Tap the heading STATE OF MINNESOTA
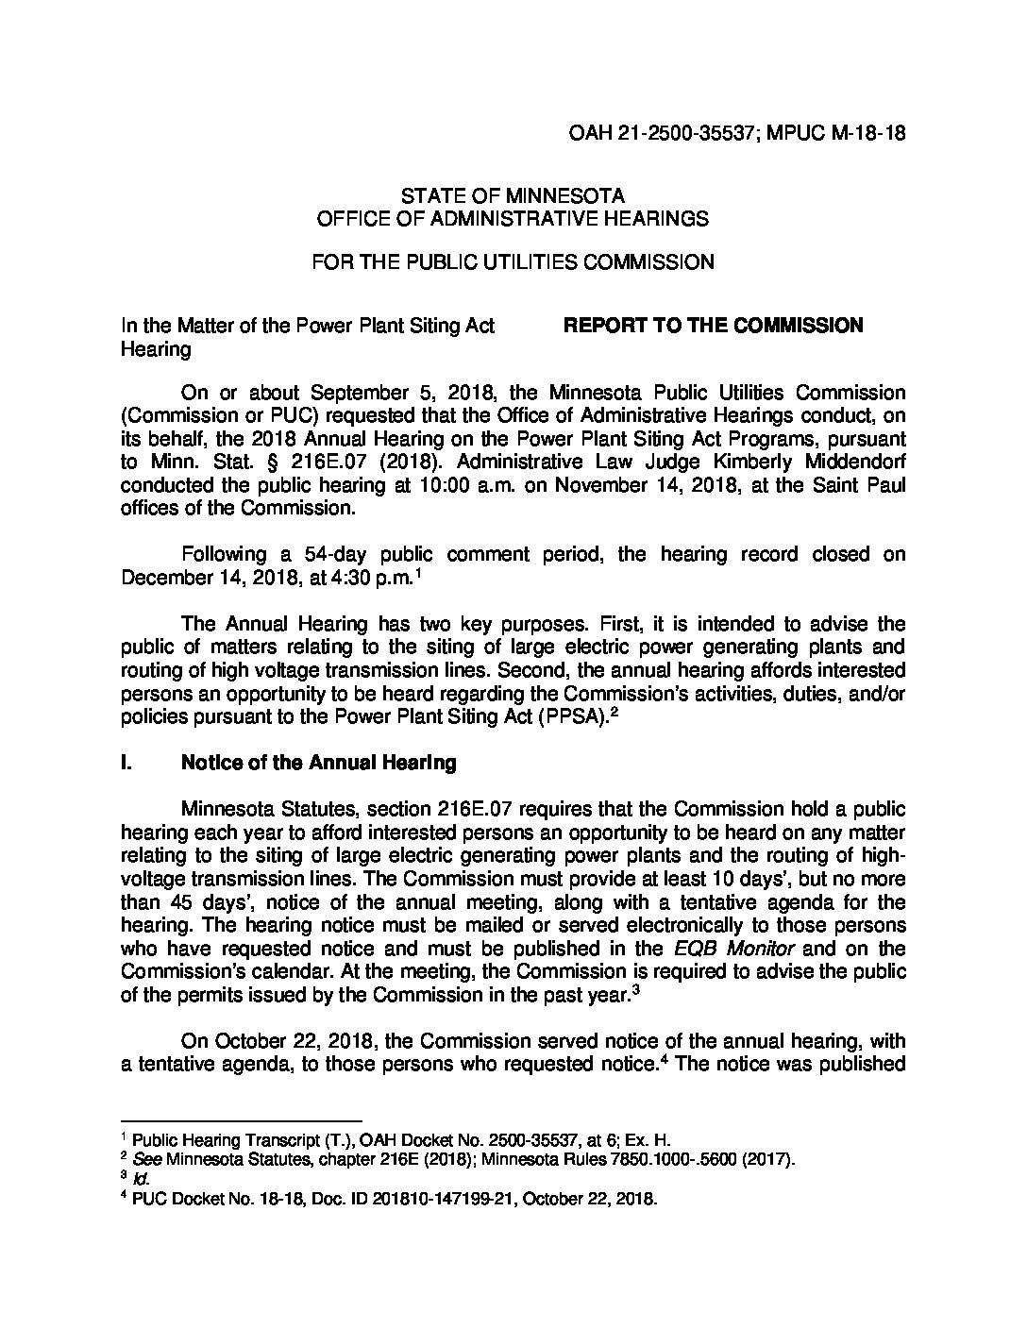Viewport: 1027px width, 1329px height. (513, 197)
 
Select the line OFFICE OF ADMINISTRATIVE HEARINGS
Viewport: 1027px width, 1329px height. (513, 219)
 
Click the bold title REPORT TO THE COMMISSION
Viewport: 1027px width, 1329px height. (713, 326)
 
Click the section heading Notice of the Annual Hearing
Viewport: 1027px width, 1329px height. (318, 763)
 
